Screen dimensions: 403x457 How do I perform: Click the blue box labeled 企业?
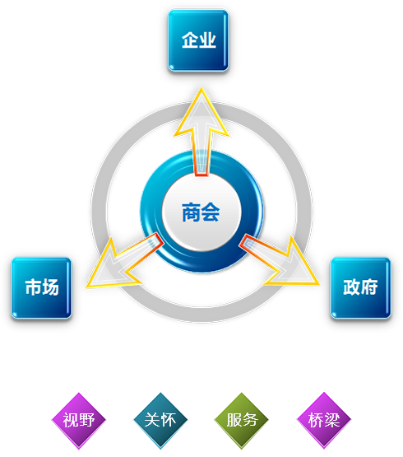(198, 40)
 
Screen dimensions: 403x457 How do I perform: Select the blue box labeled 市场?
(41, 288)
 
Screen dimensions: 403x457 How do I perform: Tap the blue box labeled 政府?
(360, 288)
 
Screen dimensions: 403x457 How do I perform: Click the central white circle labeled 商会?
(201, 212)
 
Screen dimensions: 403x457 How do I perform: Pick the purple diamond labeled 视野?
(79, 421)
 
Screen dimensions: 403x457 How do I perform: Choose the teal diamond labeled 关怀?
(160, 421)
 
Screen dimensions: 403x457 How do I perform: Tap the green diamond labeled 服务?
(242, 421)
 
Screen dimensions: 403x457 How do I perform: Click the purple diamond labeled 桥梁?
(324, 421)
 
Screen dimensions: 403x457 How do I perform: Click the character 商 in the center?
(191, 212)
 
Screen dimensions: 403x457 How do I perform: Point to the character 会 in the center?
(211, 212)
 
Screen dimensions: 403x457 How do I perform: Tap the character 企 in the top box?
(190, 40)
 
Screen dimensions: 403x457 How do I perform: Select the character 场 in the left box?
(50, 287)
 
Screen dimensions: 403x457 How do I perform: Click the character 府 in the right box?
(369, 287)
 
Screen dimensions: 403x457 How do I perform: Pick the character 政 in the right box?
(352, 287)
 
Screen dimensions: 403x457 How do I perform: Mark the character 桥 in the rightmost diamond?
(316, 420)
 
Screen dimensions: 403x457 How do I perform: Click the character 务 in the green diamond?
(250, 420)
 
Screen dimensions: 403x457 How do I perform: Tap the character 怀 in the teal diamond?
(169, 420)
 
